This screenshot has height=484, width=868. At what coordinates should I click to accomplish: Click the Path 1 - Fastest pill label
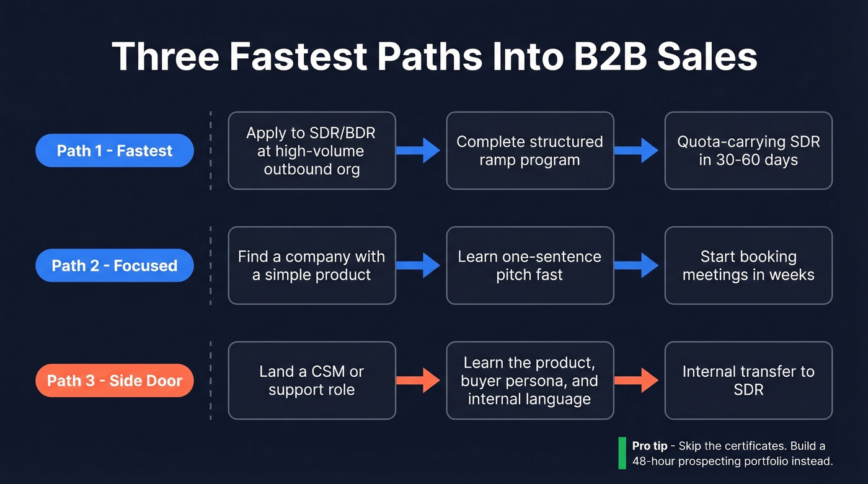tap(115, 151)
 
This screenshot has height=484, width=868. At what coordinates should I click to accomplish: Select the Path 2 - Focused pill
tap(115, 265)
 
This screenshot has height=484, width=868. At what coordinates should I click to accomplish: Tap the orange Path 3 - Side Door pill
tap(115, 380)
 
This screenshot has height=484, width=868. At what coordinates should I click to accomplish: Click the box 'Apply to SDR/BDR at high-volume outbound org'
tap(312, 151)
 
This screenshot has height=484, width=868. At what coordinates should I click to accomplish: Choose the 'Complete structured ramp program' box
tap(529, 151)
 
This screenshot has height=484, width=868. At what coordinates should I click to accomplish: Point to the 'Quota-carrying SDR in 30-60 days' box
tap(748, 151)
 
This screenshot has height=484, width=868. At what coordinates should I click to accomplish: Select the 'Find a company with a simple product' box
tap(312, 265)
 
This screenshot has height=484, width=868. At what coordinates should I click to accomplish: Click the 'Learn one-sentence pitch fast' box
tap(529, 265)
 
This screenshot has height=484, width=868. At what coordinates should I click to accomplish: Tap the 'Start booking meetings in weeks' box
tap(748, 265)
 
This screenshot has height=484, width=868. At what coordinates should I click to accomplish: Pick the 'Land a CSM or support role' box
tap(312, 380)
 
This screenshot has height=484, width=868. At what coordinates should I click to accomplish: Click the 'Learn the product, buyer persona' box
tap(529, 380)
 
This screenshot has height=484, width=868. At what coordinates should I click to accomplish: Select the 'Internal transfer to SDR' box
tap(748, 380)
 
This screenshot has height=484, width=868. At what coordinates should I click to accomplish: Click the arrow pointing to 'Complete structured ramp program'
tap(419, 151)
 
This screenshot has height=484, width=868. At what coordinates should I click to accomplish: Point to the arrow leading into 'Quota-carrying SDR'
tap(637, 151)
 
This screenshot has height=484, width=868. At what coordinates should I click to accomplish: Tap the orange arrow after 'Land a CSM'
tap(419, 380)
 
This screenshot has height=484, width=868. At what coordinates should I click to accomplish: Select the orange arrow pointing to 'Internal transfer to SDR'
tap(637, 380)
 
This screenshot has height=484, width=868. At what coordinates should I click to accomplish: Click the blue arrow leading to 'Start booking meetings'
tap(637, 265)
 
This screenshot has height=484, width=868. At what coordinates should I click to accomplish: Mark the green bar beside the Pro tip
tap(622, 453)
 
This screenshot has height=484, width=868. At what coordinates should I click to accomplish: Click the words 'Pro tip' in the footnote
tap(650, 446)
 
